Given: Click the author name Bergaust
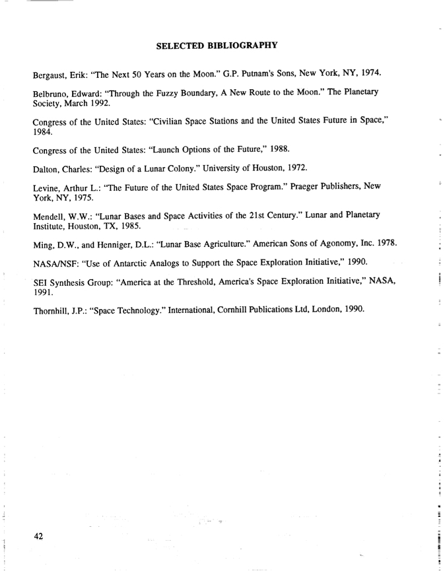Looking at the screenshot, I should pyautogui.click(x=52, y=72).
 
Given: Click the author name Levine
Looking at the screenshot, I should pyautogui.click(x=48, y=188).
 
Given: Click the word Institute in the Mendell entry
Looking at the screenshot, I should pyautogui.click(x=51, y=229).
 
